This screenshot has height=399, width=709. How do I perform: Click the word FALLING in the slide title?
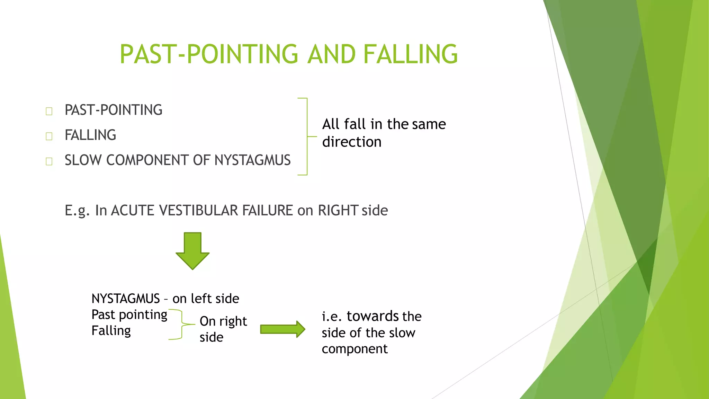tap(410, 54)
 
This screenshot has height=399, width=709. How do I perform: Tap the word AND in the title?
tap(331, 54)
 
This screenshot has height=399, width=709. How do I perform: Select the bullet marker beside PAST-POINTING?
tap(49, 111)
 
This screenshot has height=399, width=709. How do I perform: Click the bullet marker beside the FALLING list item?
tap(49, 136)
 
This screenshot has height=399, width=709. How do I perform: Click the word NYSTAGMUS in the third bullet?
tap(252, 160)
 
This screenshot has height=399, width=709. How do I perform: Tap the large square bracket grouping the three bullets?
tap(306, 136)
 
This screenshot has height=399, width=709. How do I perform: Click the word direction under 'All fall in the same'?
tap(352, 142)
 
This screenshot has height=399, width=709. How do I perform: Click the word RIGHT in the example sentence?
tap(338, 211)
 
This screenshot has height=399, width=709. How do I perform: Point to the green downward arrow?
tap(192, 250)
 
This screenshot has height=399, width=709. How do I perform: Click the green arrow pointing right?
tap(282, 329)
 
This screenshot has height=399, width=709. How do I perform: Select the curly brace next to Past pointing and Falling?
tap(181, 325)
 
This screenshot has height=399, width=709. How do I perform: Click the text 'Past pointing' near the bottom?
tap(129, 315)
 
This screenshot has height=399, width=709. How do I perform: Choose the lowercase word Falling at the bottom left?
tap(111, 331)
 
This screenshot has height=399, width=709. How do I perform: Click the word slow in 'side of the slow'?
tap(402, 333)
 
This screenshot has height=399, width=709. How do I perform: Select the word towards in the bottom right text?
tap(373, 316)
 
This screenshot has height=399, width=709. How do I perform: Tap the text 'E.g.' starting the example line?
tap(77, 211)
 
